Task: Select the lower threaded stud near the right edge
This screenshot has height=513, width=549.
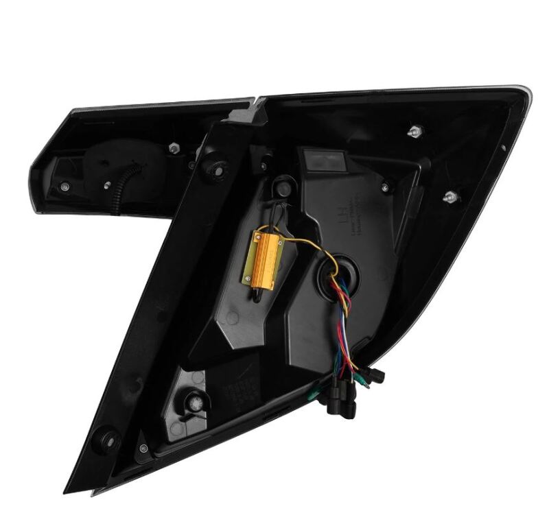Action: [x=450, y=196]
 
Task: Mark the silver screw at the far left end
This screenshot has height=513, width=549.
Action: [x=64, y=186]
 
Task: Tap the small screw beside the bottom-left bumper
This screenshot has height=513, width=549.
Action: [x=143, y=449]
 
